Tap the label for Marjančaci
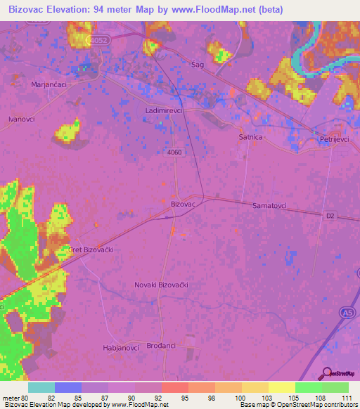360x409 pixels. (x=50, y=84)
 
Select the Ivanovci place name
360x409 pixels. (x=22, y=119)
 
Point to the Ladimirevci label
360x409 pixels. (x=165, y=112)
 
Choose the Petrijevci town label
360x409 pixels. (x=336, y=140)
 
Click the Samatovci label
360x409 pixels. (x=274, y=205)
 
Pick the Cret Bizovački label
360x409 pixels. (x=91, y=249)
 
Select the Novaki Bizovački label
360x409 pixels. (x=162, y=285)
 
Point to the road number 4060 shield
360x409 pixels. (x=176, y=152)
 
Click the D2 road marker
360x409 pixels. (x=331, y=215)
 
